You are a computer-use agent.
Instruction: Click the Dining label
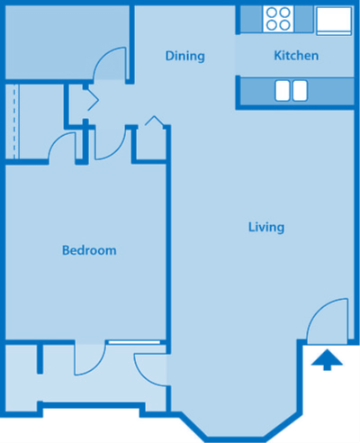184,56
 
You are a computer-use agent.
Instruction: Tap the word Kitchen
296,56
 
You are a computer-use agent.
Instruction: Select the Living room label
265,227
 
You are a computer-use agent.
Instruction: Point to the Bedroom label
88,250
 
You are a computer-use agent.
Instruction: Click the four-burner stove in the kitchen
279,18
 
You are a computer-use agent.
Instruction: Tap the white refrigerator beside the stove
331,19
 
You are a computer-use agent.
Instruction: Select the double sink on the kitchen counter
290,90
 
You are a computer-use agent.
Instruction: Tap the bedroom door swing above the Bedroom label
64,146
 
